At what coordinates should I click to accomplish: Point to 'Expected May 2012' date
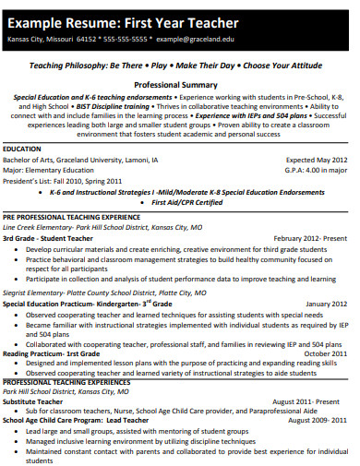coord(320,159)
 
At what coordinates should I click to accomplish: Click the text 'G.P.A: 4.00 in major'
coord(319,169)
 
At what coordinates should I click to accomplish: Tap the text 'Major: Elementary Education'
coord(49,169)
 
